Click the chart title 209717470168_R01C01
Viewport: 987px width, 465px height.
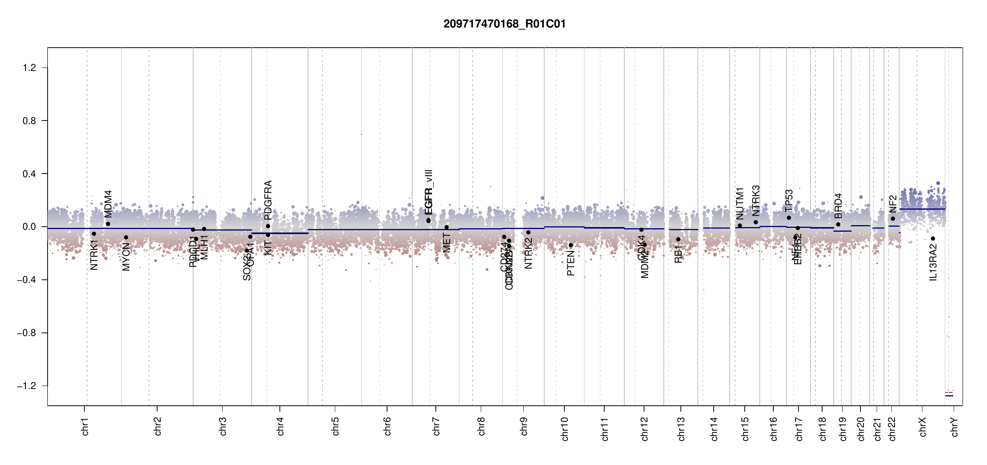504,24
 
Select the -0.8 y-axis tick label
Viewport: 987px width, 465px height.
27,333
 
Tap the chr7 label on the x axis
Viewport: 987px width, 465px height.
436,426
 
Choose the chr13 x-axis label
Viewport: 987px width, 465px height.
681,429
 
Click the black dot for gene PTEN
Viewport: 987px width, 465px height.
571,245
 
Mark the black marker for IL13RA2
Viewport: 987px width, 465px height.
933,239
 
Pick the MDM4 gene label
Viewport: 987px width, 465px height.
108,204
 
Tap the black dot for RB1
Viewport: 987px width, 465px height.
678,239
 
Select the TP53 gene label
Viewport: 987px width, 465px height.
789,200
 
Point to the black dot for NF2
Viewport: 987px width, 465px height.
893,219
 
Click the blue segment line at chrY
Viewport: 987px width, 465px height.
949,396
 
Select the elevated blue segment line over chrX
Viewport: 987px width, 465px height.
922,209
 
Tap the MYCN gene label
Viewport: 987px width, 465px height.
126,257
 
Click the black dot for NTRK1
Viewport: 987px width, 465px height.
94,234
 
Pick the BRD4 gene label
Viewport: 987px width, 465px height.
838,206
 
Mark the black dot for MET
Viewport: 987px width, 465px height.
446,227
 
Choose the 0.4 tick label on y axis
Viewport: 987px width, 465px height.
29,174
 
